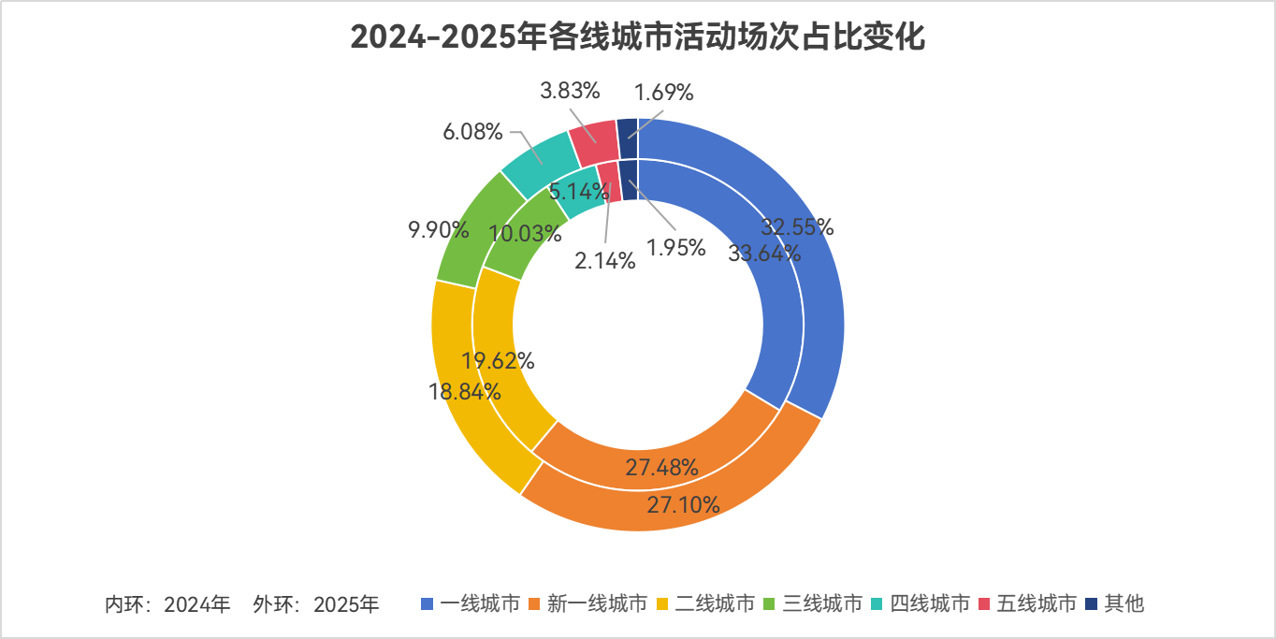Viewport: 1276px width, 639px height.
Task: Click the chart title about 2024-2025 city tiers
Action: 638,38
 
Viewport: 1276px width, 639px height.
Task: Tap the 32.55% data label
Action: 797,227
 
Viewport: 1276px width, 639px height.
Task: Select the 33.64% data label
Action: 764,253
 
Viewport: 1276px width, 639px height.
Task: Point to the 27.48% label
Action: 662,468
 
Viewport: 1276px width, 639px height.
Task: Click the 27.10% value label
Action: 683,505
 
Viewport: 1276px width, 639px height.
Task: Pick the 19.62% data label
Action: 499,360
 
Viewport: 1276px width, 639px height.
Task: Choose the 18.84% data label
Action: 466,391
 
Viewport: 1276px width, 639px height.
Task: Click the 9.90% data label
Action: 438,229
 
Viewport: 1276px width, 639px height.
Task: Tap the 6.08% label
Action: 473,132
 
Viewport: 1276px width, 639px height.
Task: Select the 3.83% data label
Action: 570,91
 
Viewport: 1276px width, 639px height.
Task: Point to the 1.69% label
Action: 664,93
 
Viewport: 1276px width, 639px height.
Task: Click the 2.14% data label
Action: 605,262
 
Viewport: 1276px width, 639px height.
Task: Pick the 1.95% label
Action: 675,250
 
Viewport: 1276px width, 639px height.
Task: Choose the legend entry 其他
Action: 1114,603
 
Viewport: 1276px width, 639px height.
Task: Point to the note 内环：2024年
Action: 167,604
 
